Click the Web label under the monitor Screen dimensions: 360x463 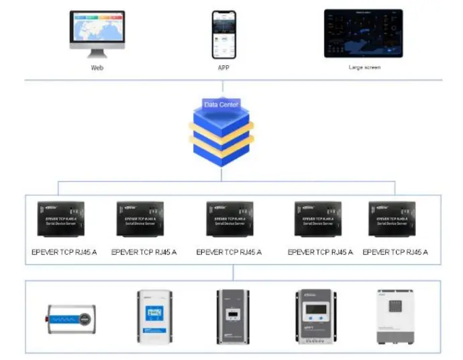coord(98,68)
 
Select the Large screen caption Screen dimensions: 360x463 coord(365,68)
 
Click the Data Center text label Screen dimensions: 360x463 coord(221,105)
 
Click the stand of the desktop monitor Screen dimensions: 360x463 coord(97,53)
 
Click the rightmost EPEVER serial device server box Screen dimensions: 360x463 coord(392,218)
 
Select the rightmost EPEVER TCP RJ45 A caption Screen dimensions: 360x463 coord(395,253)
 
